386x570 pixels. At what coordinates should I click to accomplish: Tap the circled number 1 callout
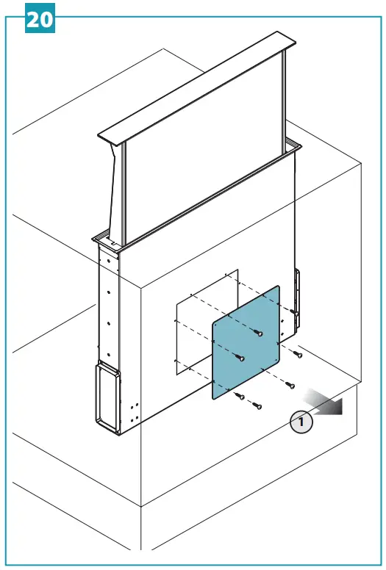click(301, 422)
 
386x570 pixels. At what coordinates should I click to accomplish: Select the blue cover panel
click(246, 342)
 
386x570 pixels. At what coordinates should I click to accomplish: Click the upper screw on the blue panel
click(259, 333)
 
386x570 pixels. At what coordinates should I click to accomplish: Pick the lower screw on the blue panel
click(240, 358)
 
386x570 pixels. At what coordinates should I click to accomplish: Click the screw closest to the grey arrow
click(290, 384)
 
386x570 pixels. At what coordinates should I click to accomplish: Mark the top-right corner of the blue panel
click(278, 286)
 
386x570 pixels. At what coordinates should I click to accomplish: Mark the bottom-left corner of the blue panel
click(214, 397)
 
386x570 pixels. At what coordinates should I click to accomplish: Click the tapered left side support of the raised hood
click(115, 191)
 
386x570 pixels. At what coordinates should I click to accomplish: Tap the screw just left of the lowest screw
click(240, 397)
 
